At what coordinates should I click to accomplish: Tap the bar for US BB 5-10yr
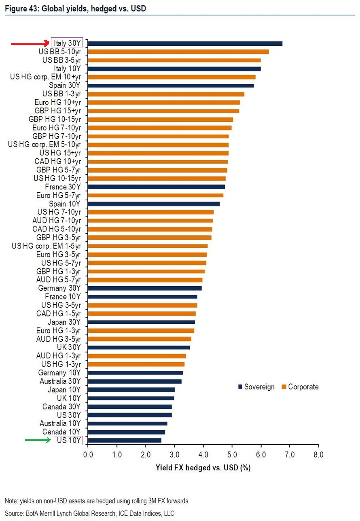(178, 52)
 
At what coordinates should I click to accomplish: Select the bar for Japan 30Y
(141, 322)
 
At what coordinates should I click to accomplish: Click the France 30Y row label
(63, 187)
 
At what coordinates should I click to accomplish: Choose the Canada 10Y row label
(62, 432)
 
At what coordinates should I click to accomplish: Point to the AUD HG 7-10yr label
(57, 221)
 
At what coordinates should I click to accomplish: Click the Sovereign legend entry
(256, 387)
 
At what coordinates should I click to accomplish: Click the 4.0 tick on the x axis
(203, 454)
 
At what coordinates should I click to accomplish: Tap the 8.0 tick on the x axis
(318, 454)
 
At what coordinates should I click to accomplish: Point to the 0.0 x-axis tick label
(88, 454)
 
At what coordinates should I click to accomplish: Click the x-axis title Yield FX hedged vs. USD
(203, 468)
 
